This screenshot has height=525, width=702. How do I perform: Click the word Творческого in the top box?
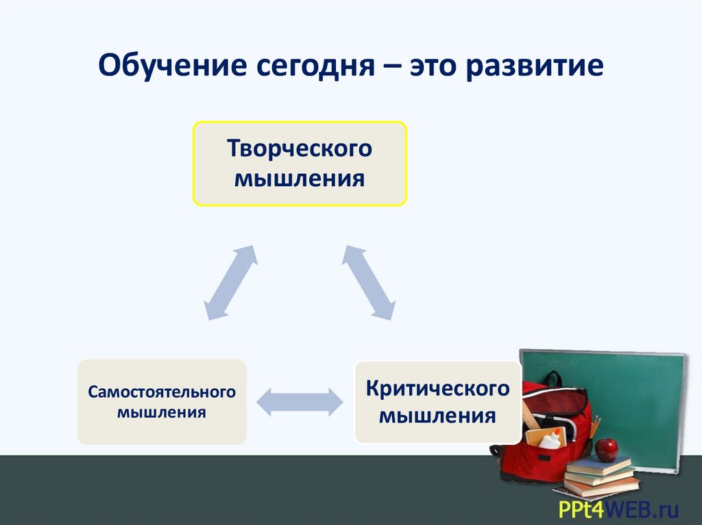pos(300,149)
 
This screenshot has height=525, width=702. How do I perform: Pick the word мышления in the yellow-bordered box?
pos(300,179)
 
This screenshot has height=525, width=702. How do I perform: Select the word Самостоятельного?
pos(161,392)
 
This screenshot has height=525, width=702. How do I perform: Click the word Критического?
pos(437,389)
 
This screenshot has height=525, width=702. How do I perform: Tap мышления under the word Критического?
pos(437,416)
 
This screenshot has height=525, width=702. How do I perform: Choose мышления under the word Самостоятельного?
pos(161,413)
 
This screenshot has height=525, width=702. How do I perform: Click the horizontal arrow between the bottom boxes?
pos(299,401)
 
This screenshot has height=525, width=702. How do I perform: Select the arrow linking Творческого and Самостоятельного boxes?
pos(231,282)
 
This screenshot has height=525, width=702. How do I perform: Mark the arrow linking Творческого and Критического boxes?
pos(369,281)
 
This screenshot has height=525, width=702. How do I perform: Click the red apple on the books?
pos(606,449)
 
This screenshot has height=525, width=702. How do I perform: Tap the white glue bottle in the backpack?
pos(550,439)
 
